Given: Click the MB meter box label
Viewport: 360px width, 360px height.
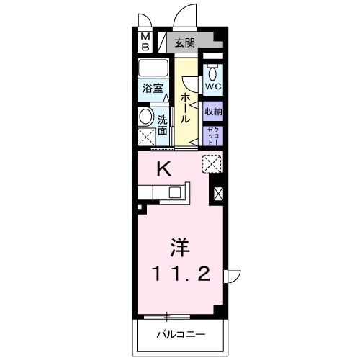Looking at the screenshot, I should point(145,42).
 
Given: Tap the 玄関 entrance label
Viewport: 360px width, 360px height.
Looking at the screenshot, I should point(184,42).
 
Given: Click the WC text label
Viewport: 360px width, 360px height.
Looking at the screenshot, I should point(212,87).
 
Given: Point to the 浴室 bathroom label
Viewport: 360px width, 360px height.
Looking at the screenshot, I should point(152,89).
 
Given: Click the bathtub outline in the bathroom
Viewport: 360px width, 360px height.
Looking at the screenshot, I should point(153,69).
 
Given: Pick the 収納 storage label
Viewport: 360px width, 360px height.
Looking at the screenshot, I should point(212,112).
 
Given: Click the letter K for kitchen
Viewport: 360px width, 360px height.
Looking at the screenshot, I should point(164,169).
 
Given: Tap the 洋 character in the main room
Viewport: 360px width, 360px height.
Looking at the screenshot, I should point(179,248).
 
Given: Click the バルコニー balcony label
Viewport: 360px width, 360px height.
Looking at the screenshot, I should point(181,335).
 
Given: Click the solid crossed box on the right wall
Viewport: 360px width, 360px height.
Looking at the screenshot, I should point(218,193).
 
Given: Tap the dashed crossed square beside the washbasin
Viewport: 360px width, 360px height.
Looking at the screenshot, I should point(146,137).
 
